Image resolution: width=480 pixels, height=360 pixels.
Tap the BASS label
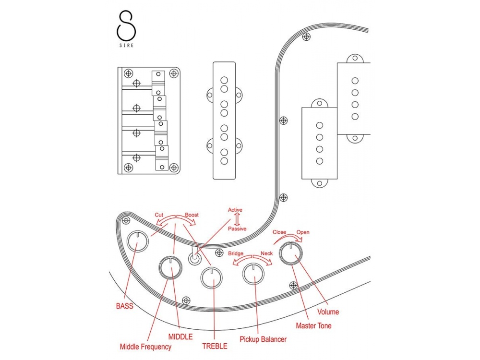125,306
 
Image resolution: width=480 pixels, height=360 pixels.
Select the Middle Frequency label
145,347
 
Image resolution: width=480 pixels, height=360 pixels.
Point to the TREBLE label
215,346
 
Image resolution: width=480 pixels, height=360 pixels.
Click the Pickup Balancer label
263,339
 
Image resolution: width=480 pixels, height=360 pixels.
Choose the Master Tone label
313,326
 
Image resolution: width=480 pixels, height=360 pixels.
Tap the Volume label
328,312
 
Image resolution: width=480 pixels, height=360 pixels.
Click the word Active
235,210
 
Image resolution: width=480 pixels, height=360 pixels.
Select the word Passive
237,228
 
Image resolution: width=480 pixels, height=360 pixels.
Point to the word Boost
192,215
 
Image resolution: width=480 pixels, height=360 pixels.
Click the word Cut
159,215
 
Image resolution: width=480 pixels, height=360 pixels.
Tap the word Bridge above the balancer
236,253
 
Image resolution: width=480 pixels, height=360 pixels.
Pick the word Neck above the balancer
266,253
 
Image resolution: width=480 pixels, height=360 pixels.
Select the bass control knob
138,241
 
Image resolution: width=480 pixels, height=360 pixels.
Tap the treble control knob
212,277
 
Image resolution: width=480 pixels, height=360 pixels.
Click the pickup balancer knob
253,274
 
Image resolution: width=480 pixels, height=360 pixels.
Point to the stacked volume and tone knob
291,253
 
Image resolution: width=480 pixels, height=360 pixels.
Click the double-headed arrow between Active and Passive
237,219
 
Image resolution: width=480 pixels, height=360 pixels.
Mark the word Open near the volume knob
303,232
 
